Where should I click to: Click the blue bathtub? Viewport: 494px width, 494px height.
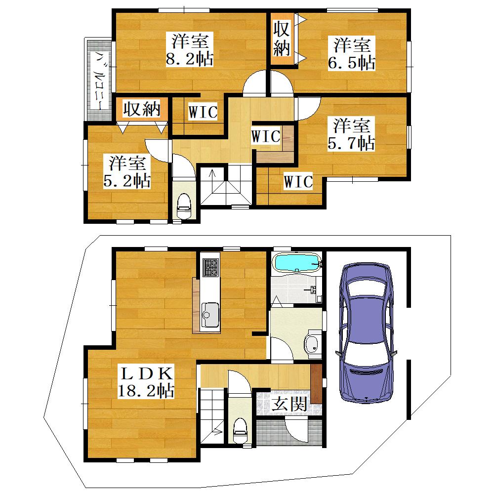click(298, 262)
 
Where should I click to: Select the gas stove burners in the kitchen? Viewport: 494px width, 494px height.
click(210, 267)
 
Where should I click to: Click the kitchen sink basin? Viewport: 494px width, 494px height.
click(210, 315)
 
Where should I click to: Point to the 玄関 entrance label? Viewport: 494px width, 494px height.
click(289, 404)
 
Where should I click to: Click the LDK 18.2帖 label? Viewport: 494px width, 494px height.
click(146, 382)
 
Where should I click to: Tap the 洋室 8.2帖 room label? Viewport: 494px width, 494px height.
click(190, 50)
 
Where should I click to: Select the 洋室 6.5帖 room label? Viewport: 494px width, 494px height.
click(352, 53)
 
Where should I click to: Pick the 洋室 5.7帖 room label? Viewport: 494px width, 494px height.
click(351, 134)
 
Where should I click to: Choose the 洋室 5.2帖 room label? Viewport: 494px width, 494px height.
click(127, 172)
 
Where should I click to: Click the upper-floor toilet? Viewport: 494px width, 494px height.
click(184, 206)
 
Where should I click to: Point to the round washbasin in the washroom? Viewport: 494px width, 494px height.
click(313, 346)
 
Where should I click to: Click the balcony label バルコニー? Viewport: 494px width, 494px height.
click(100, 81)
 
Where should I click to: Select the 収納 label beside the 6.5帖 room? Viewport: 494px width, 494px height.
click(282, 39)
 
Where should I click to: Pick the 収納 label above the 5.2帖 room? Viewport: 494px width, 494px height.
click(142, 109)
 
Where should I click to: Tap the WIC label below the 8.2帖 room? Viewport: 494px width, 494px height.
click(203, 112)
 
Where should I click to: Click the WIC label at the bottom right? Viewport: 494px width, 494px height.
click(298, 182)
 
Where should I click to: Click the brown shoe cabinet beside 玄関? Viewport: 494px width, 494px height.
click(316, 383)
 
